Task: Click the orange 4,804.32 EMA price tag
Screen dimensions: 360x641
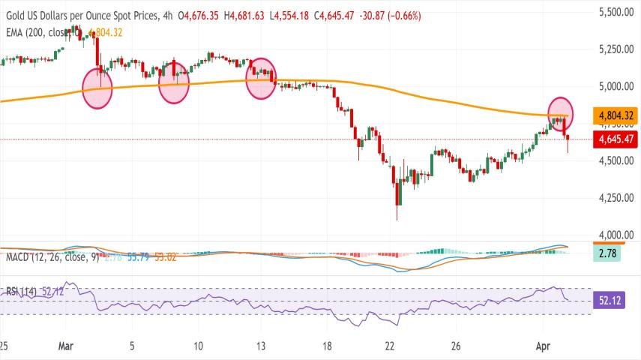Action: tap(616, 116)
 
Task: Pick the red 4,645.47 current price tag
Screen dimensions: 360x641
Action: tap(616, 139)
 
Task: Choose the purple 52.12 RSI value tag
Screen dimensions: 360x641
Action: tap(607, 301)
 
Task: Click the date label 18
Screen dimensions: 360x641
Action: tap(327, 347)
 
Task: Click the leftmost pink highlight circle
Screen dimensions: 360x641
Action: tap(97, 87)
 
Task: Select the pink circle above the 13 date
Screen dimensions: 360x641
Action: tap(262, 78)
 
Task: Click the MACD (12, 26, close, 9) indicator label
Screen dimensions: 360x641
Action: tap(50, 258)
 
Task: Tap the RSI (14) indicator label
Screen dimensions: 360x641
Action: tap(21, 291)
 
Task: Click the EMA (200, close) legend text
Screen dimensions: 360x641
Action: tap(42, 32)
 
